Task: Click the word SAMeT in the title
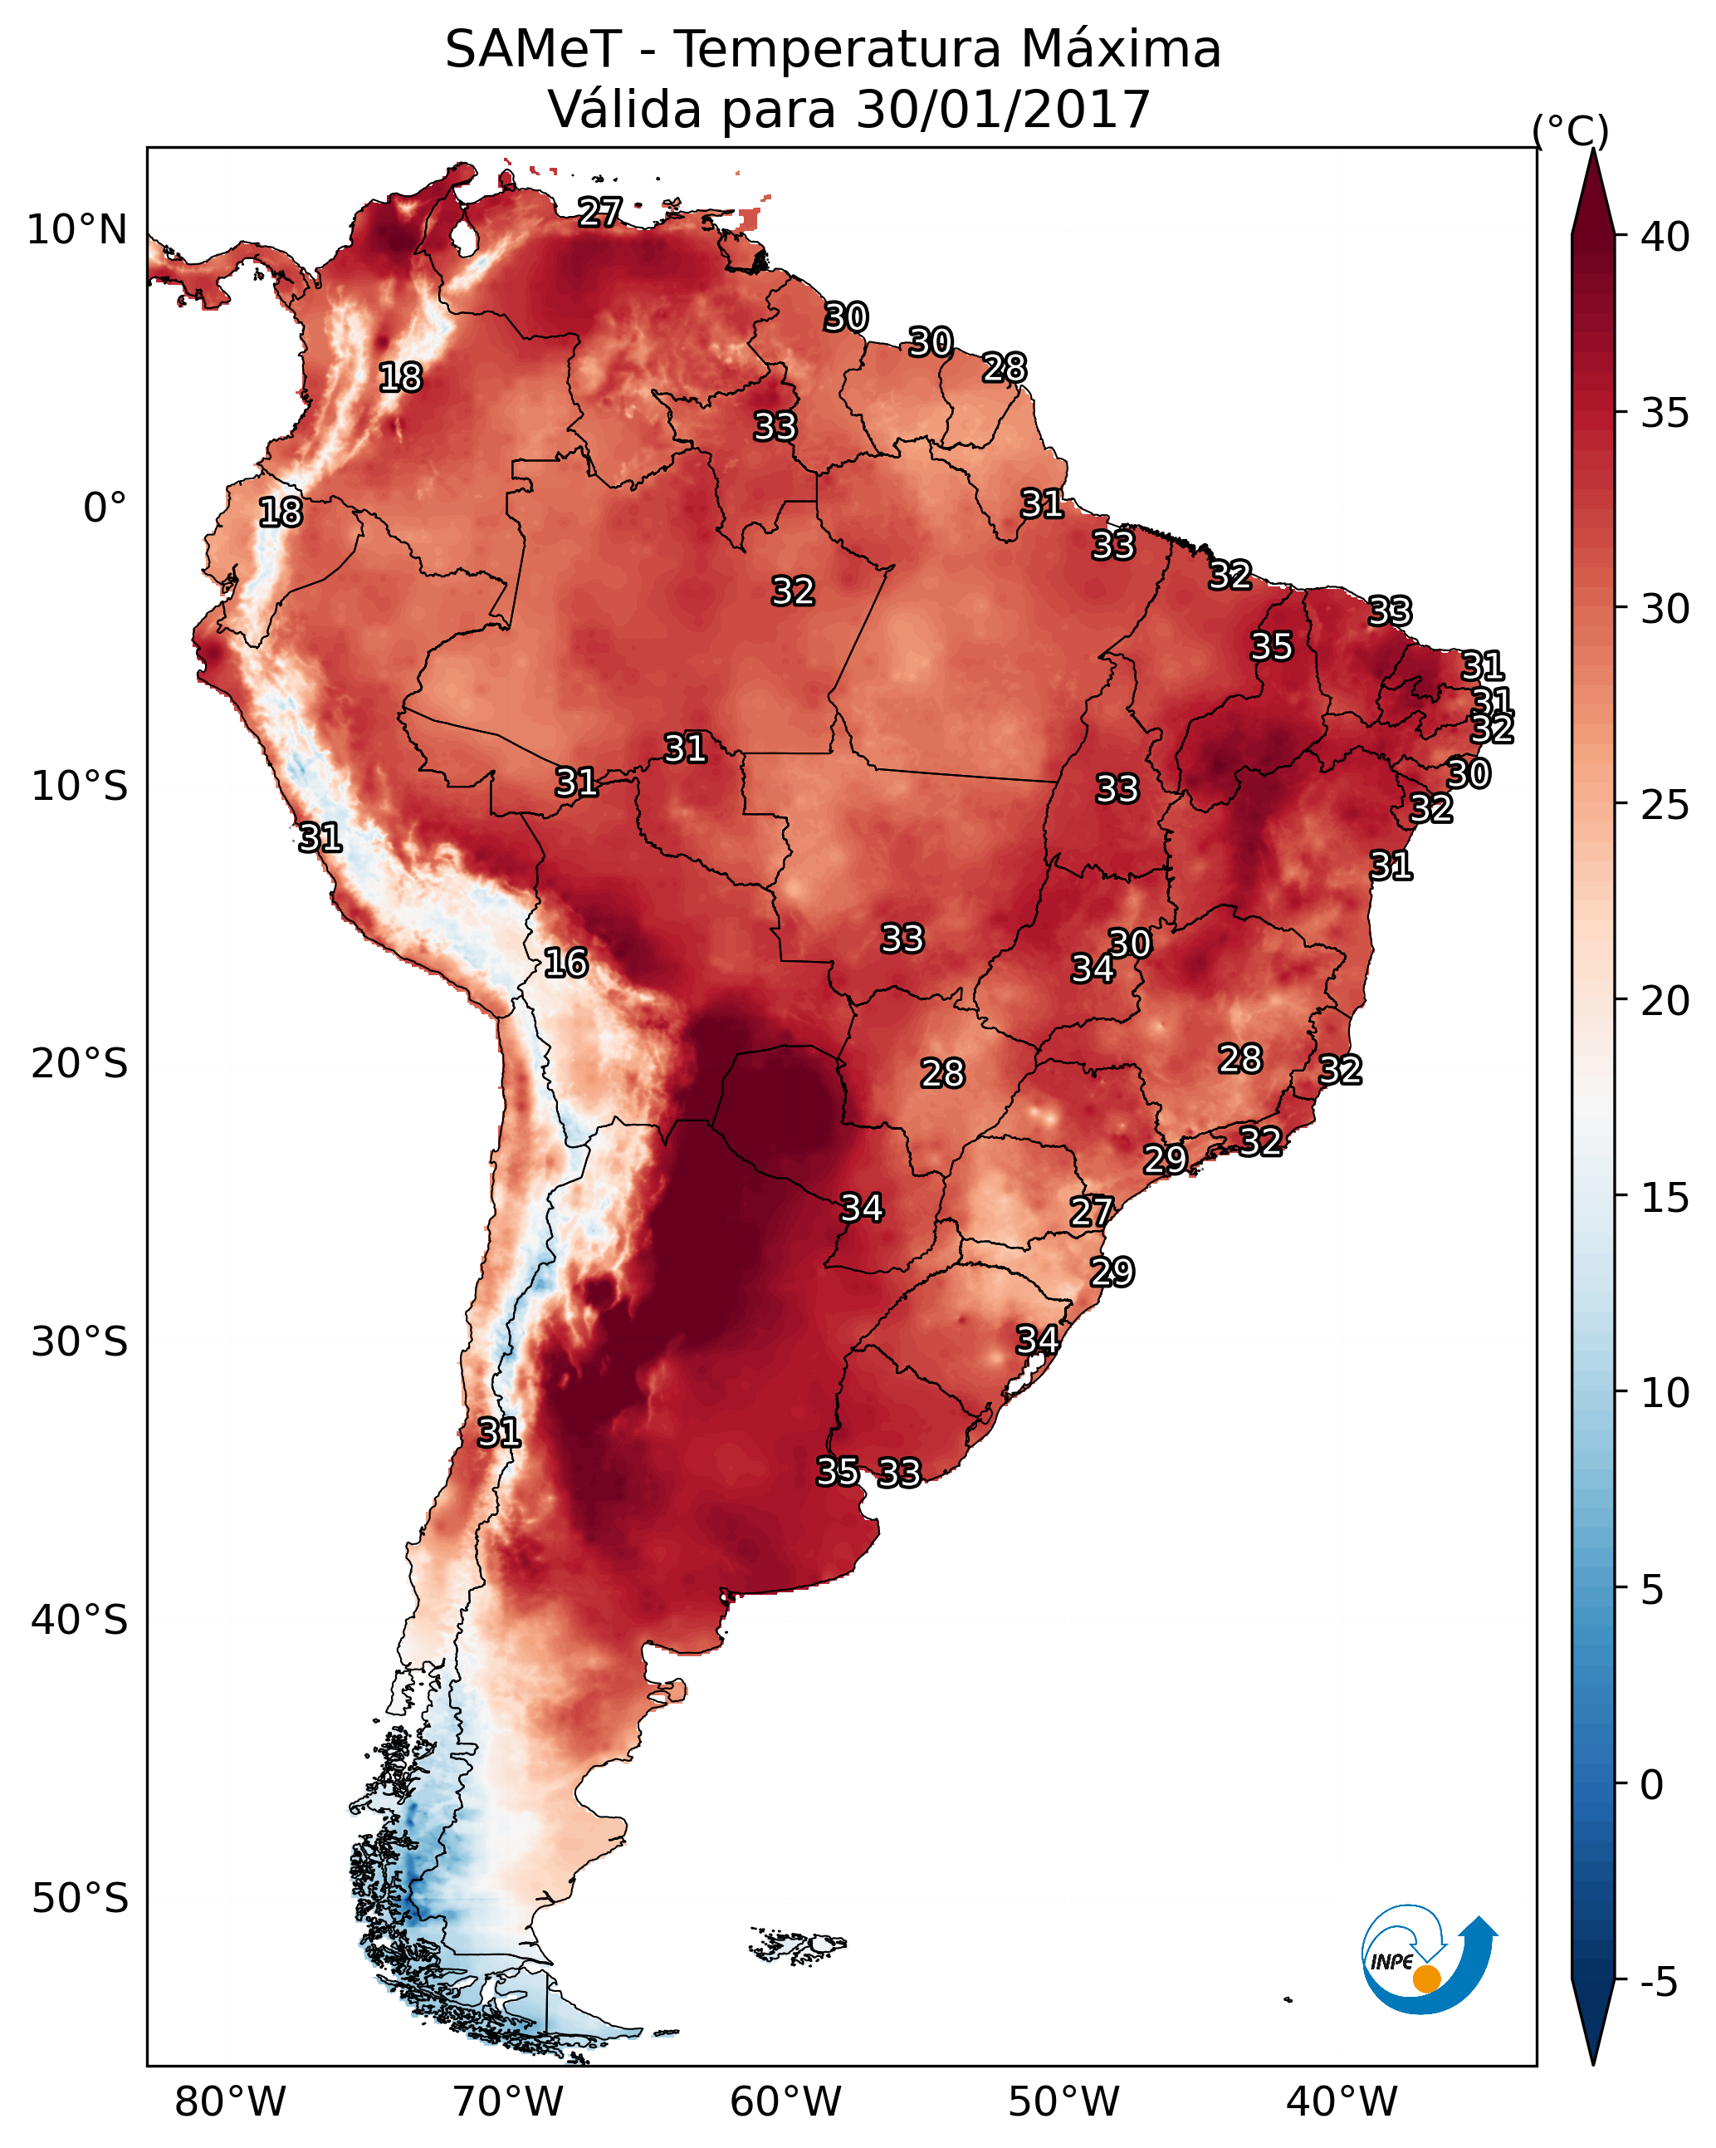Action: pos(532,50)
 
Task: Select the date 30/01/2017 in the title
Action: pos(1002,110)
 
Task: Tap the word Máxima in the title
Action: pos(1121,50)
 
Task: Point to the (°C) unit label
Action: pos(1570,130)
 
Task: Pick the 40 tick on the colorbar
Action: pos(1665,237)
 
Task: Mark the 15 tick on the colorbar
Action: pos(1665,1198)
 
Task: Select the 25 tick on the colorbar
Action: pos(1665,805)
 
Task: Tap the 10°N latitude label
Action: pos(76,230)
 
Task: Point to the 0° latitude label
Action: pos(105,508)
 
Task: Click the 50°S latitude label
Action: pos(80,1899)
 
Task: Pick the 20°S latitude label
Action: pos(80,1064)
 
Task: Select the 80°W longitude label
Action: pos(230,2102)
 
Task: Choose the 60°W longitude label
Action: pos(786,2102)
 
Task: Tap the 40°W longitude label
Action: pos(1342,2102)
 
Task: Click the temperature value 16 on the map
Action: pos(565,964)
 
